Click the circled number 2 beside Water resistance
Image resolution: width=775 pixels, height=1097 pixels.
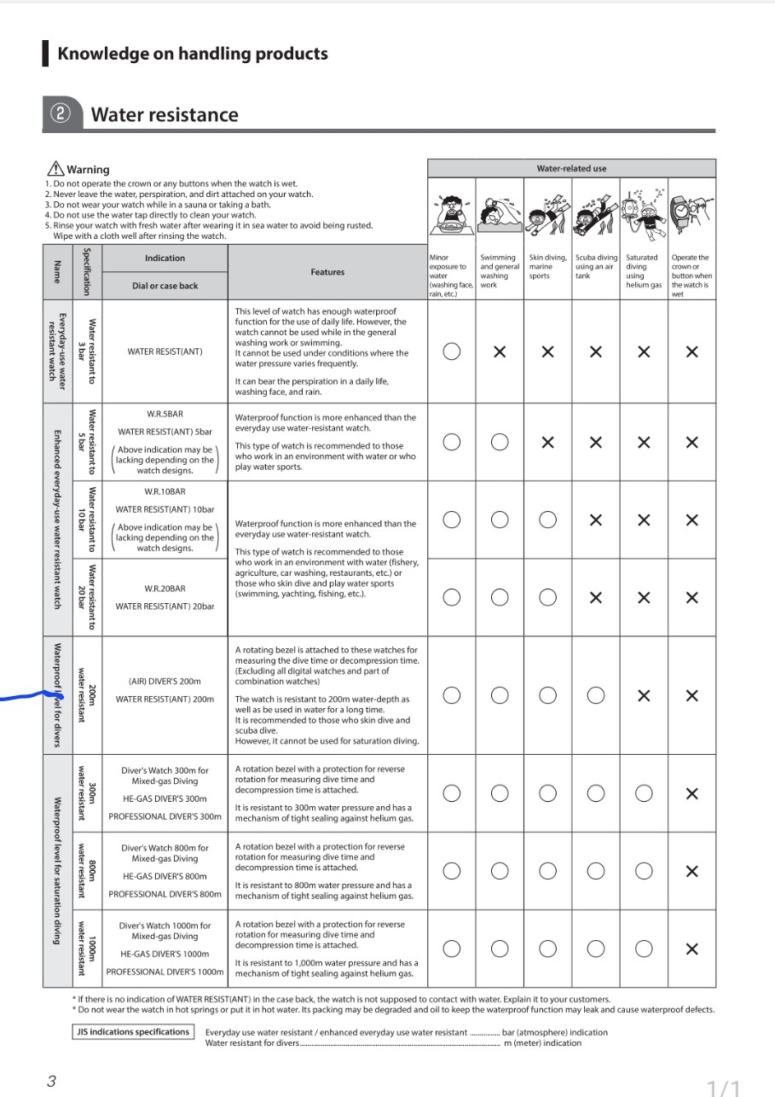61,114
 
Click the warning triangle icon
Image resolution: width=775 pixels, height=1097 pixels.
55,169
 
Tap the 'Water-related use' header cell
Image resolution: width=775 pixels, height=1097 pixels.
571,168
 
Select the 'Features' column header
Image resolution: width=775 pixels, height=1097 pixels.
327,272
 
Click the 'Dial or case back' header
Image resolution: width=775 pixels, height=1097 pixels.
165,286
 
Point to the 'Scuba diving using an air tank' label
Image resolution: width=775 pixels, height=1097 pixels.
596,266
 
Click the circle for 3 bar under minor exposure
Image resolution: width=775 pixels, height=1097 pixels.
452,351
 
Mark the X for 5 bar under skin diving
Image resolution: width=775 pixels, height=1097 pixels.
548,442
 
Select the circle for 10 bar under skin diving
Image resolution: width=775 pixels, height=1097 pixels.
548,519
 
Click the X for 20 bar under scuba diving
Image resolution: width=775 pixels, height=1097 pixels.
596,597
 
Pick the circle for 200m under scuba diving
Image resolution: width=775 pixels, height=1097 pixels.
596,695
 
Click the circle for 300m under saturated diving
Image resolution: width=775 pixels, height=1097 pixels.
644,793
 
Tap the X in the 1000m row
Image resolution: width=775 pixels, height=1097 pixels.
691,949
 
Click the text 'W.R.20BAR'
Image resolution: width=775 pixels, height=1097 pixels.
165,588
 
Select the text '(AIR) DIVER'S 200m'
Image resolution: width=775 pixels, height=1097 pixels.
165,681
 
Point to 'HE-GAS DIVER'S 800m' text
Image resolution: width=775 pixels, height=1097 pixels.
165,876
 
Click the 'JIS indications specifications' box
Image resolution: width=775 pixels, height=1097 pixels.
133,1032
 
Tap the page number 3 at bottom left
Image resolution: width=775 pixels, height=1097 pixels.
51,1081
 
